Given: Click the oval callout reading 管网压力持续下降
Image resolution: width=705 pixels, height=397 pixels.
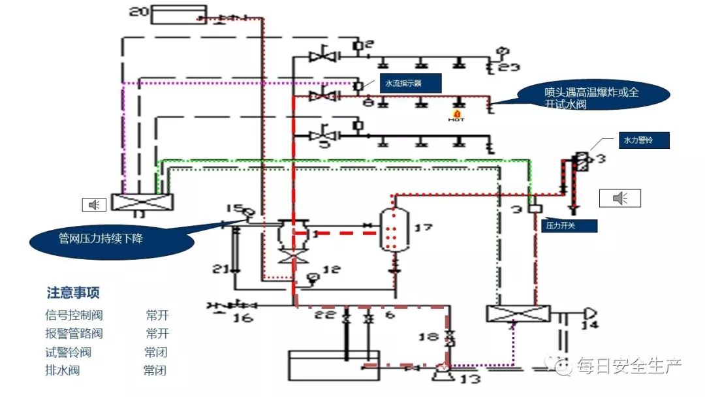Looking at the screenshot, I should tap(112, 239).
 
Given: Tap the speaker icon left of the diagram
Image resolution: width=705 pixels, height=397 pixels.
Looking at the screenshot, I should tap(94, 205).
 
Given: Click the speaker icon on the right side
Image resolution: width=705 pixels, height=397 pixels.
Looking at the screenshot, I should tap(620, 198).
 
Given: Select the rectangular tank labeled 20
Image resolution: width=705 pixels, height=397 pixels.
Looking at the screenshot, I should tap(178, 14).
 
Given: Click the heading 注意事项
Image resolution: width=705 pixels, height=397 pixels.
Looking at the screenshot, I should tap(73, 293).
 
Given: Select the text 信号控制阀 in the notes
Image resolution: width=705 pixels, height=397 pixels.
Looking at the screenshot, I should tap(74, 315).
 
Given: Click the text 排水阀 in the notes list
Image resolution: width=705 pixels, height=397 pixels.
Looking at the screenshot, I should tap(63, 371).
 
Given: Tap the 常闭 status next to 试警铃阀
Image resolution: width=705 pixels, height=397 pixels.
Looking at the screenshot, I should tap(156, 353).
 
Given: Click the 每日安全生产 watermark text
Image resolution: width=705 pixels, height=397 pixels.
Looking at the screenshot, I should tap(629, 365).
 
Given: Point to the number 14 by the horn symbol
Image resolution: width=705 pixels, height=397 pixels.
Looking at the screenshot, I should tap(589, 325).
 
